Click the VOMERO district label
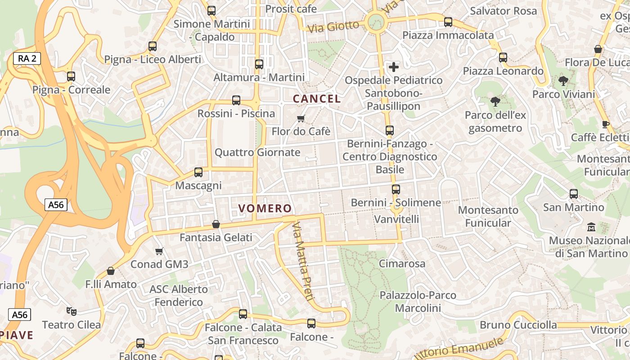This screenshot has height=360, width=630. (x=265, y=208)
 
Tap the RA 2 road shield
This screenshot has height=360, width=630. (x=27, y=58)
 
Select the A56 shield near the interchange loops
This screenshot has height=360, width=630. (x=56, y=205)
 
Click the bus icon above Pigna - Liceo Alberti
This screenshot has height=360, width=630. (x=153, y=46)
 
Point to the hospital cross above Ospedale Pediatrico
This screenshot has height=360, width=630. (x=394, y=67)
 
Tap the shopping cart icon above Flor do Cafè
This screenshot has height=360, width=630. (x=301, y=118)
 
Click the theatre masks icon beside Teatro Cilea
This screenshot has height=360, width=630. (x=71, y=311)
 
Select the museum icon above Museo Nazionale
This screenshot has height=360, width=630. (x=591, y=227)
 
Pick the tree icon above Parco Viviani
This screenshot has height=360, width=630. (x=563, y=81)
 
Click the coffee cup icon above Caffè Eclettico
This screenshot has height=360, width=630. (x=606, y=124)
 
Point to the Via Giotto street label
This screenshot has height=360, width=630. (x=333, y=27)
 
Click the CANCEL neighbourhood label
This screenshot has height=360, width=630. (x=317, y=99)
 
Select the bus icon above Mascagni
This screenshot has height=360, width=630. (x=198, y=172)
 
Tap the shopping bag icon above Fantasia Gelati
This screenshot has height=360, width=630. (x=216, y=224)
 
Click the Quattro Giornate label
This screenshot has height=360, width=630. (x=257, y=152)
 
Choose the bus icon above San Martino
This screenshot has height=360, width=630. (x=574, y=194)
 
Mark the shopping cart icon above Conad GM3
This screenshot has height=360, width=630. (x=159, y=251)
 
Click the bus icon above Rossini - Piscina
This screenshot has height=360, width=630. (x=236, y=100)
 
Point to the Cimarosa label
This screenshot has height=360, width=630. (x=402, y=263)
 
